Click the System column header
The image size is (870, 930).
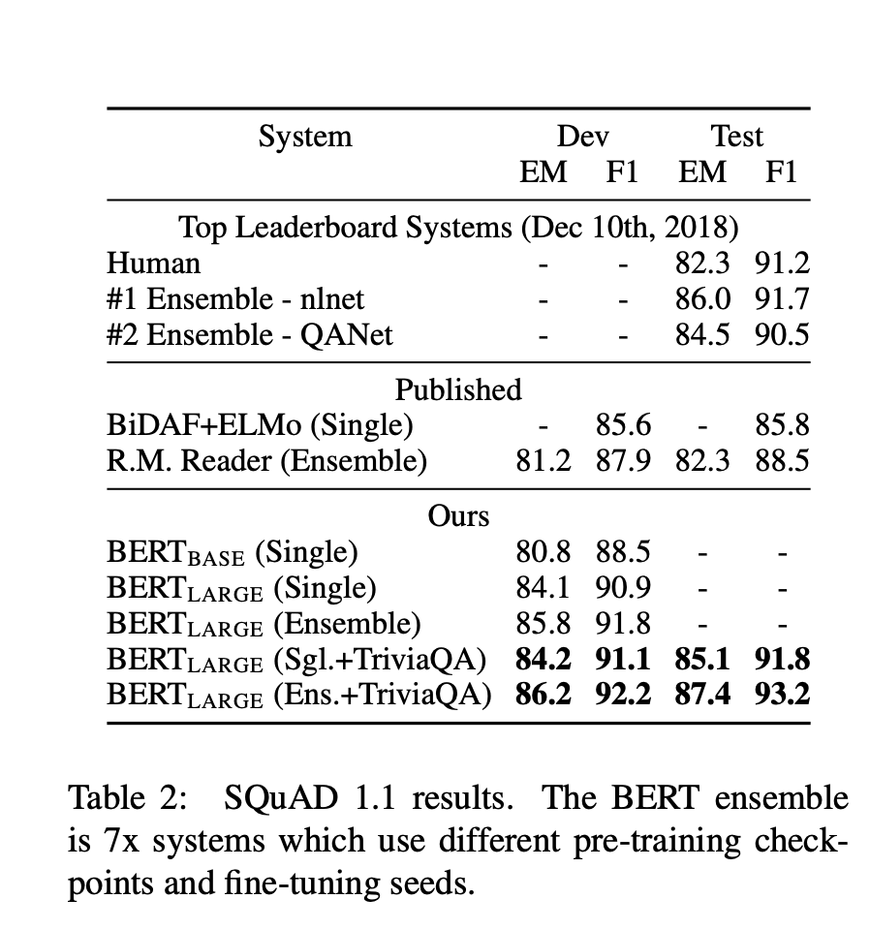pyautogui.click(x=305, y=138)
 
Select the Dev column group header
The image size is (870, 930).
pyautogui.click(x=582, y=137)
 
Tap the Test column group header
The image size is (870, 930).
pyautogui.click(x=736, y=137)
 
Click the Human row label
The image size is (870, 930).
pyautogui.click(x=154, y=263)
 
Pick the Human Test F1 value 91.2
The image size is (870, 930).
pyautogui.click(x=782, y=263)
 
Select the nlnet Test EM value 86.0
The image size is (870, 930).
pyautogui.click(x=702, y=299)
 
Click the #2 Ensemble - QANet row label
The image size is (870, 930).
pyautogui.click(x=250, y=334)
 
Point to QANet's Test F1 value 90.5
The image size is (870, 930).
pyautogui.click(x=782, y=334)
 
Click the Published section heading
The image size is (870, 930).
pyautogui.click(x=458, y=389)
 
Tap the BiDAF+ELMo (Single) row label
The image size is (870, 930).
pyautogui.click(x=260, y=426)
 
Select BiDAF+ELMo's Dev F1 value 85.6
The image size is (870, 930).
pyautogui.click(x=623, y=425)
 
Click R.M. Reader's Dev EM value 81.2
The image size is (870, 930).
pyautogui.click(x=544, y=461)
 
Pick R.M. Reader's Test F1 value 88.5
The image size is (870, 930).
pyautogui.click(x=782, y=461)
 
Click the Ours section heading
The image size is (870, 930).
pyautogui.click(x=458, y=516)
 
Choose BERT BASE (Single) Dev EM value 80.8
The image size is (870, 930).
pyautogui.click(x=544, y=551)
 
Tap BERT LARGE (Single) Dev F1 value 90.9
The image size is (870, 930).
pyautogui.click(x=623, y=587)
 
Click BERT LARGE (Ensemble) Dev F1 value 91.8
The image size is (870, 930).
pyautogui.click(x=623, y=623)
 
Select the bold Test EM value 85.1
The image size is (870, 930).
pyautogui.click(x=702, y=659)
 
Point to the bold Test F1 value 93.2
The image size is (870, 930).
pyautogui.click(x=782, y=694)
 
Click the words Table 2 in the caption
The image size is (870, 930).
pyautogui.click(x=128, y=797)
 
